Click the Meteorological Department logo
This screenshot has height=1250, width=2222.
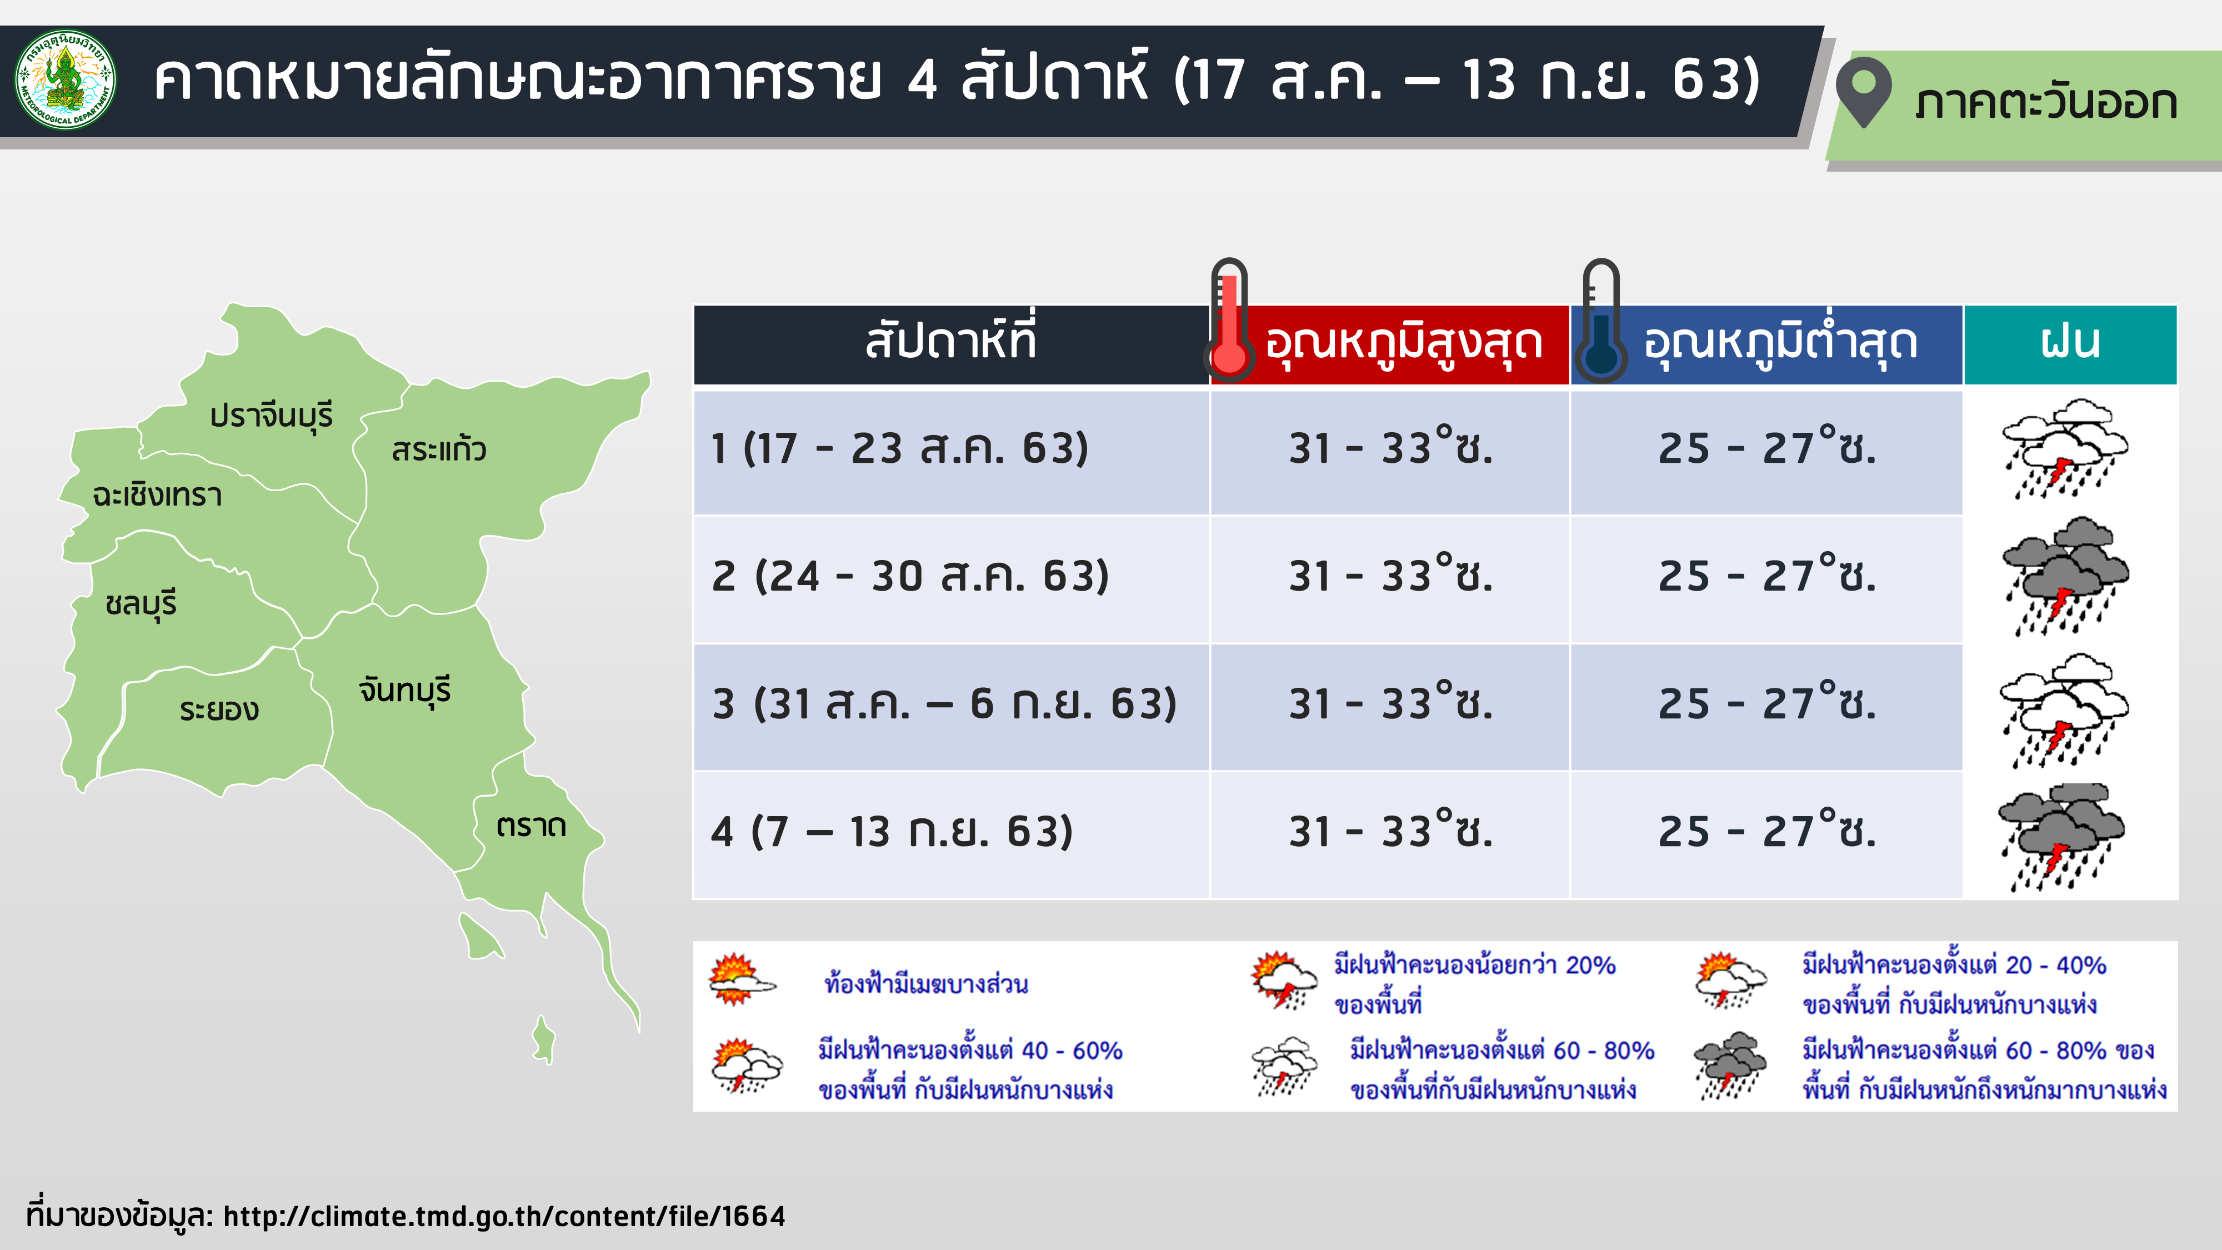pos(66,80)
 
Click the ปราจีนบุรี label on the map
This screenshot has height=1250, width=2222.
pos(271,416)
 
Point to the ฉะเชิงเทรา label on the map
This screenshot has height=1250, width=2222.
pos(157,495)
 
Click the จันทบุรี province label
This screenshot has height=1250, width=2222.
pos(404,690)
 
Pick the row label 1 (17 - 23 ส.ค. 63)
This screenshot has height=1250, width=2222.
pos(900,448)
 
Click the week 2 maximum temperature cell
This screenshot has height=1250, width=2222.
pos(1390,576)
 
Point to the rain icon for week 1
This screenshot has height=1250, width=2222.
pos(2065,448)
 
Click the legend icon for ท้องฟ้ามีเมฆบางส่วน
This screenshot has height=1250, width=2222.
pos(741,980)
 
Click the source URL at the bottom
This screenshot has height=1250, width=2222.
pos(504,1216)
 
